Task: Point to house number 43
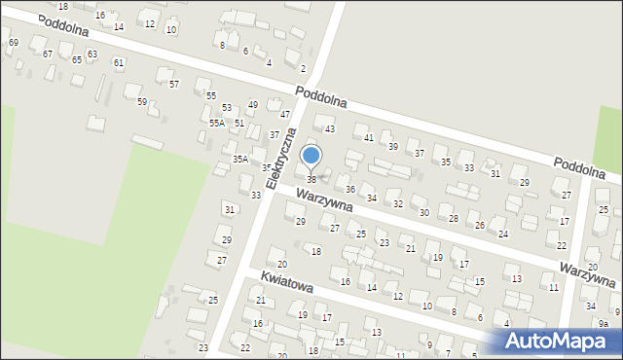(x=330, y=129)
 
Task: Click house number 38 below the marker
(x=311, y=179)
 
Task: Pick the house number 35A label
(x=239, y=159)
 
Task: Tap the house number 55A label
(x=217, y=124)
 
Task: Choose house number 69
(x=13, y=43)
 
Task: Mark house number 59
(x=142, y=102)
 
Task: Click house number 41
(x=369, y=138)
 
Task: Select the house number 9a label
(x=604, y=324)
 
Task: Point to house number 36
(x=350, y=189)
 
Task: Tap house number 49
(x=253, y=105)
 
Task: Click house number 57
(x=174, y=85)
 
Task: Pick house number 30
(x=423, y=212)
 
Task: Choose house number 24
(x=503, y=234)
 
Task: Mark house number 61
(x=119, y=63)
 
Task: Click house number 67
(x=48, y=54)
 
